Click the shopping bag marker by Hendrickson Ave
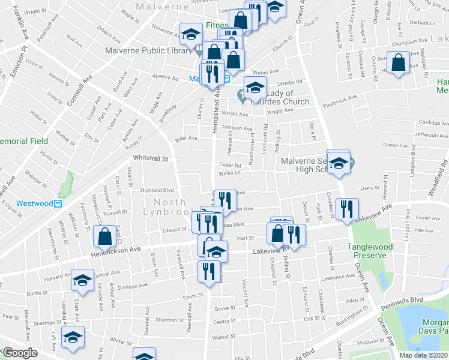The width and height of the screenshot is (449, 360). click(x=105, y=237)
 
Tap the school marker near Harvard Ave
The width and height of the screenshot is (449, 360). click(x=82, y=280)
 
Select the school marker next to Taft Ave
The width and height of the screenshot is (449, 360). click(x=73, y=338)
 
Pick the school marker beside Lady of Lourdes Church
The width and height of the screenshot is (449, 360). click(x=255, y=88)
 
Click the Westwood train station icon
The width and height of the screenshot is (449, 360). click(x=58, y=203)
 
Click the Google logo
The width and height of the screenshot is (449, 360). click(x=19, y=353)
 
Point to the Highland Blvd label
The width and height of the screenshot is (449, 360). click(x=157, y=190)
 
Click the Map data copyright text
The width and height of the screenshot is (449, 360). click(x=424, y=355)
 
